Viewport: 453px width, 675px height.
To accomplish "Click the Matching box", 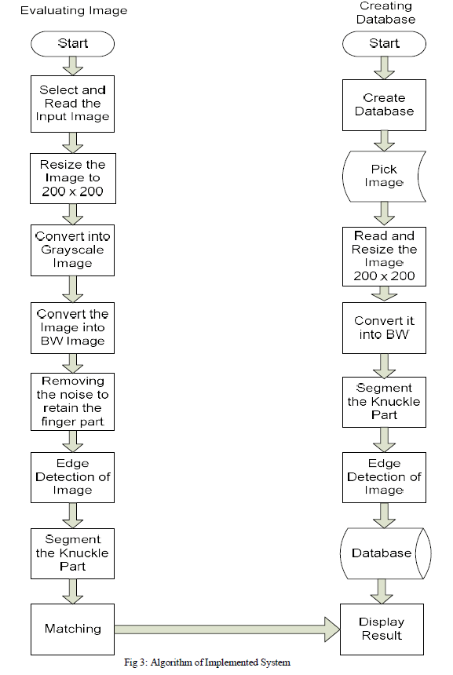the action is pos(72,629).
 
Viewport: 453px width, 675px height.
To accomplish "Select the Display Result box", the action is pos(382,629).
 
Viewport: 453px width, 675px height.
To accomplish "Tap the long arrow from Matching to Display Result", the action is pos(227,629).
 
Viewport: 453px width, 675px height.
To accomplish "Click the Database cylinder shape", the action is pos(385,553).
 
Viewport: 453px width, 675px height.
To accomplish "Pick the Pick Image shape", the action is pos(384,176).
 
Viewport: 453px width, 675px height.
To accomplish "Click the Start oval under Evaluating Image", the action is pos(72,43).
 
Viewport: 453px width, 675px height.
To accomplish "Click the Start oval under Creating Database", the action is pos(384,43).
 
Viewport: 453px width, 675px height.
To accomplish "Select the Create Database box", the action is pos(384,105).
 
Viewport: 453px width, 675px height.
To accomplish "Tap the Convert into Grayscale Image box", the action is pos(72,250).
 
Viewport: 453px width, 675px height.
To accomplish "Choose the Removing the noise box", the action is pos(72,402).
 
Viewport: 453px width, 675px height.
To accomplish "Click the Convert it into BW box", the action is pos(384,328).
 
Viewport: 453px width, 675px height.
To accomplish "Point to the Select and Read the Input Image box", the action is pos(72,104).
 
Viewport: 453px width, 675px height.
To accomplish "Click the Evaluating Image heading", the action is pos(74,10).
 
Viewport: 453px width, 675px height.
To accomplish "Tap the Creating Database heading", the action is pos(385,13).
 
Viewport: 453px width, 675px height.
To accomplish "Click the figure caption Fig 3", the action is pos(207,662).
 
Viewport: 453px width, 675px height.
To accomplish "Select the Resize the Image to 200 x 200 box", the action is pos(73,178).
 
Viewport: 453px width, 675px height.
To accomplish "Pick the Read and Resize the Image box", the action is pos(384,257).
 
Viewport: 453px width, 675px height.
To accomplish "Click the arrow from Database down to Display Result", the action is pos(382,592).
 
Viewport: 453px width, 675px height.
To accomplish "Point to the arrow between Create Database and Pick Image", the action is pos(384,140).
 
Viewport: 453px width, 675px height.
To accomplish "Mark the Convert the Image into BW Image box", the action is pos(72,328).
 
